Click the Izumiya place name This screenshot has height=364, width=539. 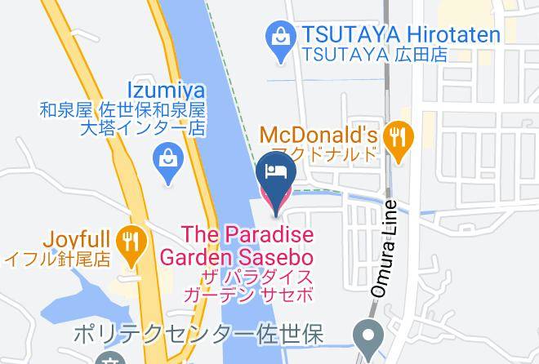(166, 89)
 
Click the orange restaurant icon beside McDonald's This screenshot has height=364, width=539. (398, 137)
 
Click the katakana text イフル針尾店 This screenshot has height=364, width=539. (57, 260)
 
